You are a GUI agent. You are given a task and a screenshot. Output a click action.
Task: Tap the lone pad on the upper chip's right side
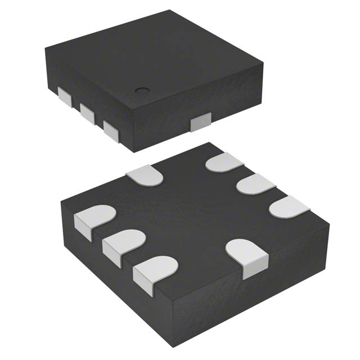(200, 122)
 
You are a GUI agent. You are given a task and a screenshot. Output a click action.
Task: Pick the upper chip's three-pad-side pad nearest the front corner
(110, 130)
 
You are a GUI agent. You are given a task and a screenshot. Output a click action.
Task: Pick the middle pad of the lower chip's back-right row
(255, 184)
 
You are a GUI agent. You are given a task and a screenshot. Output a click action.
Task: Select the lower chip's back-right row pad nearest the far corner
(224, 163)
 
